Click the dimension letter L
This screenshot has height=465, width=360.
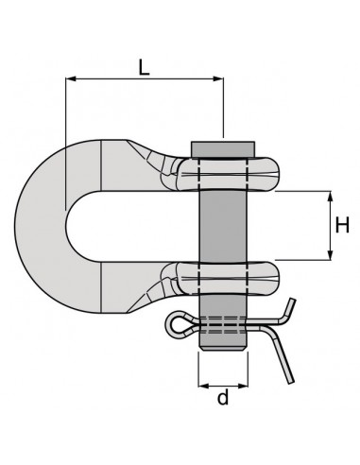[143, 66]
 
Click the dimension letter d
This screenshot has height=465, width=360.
[223, 399]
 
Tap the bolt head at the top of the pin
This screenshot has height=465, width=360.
[224, 148]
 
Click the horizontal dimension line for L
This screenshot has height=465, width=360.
[143, 80]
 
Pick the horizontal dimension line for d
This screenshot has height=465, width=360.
[223, 385]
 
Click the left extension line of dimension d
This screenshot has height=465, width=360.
[199, 369]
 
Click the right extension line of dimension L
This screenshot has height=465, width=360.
[223, 109]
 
